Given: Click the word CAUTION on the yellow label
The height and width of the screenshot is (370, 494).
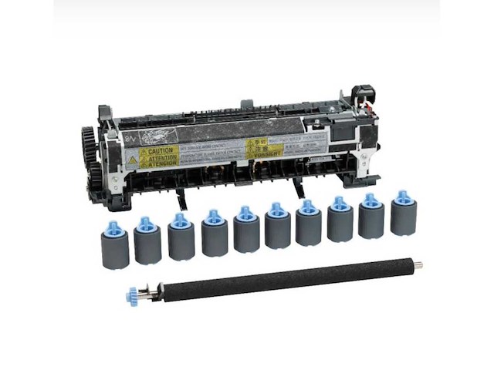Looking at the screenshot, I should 160,151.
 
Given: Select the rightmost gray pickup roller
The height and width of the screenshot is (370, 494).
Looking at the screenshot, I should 403,217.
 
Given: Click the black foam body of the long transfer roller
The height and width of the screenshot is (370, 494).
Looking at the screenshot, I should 278,279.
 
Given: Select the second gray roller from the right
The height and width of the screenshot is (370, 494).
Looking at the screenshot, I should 372,220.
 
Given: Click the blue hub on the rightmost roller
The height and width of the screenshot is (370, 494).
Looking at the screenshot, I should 402,198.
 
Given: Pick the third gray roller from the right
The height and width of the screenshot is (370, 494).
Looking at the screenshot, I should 340,224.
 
